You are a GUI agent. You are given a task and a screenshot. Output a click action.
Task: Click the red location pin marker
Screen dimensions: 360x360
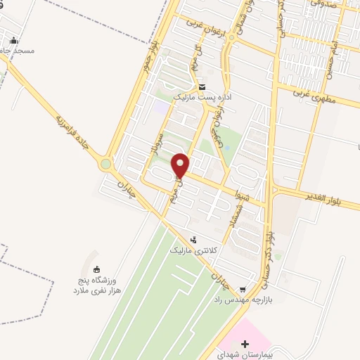click(x=181, y=165)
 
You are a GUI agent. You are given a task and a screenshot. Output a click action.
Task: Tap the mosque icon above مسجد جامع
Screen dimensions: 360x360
click(x=15, y=39)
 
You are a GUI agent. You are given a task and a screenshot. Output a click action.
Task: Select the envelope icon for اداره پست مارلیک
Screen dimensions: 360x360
click(x=202, y=87)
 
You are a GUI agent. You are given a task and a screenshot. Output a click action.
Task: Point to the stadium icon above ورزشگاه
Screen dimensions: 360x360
click(x=96, y=269)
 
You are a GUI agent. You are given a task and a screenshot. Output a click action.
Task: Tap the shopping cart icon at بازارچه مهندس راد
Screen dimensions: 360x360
click(x=243, y=288)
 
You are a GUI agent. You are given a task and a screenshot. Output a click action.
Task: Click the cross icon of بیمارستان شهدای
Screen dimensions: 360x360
click(x=245, y=345)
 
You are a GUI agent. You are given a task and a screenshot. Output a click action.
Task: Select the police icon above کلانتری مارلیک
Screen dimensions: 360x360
click(x=194, y=240)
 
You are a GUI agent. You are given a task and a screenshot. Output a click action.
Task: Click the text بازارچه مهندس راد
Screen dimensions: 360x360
click(x=243, y=300)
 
